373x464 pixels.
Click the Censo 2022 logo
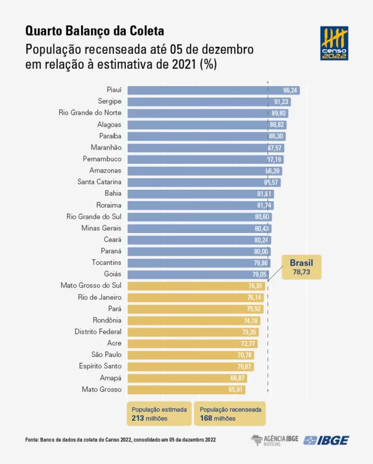[x=334, y=43]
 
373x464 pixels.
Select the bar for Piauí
[x=213, y=90]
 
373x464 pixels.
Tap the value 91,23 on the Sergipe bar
[x=281, y=102]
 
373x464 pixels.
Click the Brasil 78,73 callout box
[x=302, y=267]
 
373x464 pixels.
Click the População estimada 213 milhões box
[x=159, y=414]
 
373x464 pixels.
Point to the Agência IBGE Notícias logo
[x=275, y=440]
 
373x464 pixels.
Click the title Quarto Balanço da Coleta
[x=94, y=31]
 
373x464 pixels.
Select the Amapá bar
[x=187, y=378]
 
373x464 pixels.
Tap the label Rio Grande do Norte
[x=90, y=113]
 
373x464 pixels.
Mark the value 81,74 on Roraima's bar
[x=264, y=206]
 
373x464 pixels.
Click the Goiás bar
[x=198, y=274]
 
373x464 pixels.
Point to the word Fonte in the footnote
[x=32, y=440]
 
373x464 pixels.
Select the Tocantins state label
[x=106, y=263]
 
